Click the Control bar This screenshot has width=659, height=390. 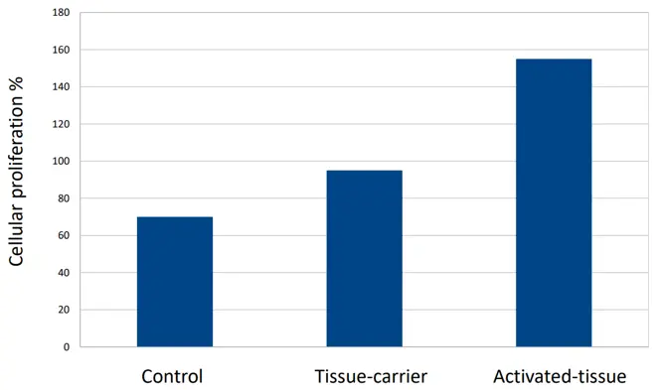click(175, 282)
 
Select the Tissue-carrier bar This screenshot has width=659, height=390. click(365, 259)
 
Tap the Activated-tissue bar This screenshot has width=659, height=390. click(554, 202)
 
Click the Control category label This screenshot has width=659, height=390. click(172, 376)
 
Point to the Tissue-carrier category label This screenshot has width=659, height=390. click(371, 376)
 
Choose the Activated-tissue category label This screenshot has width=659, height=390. click(560, 376)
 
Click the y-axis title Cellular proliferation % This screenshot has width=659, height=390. click(16, 172)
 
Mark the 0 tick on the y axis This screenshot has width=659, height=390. click(67, 347)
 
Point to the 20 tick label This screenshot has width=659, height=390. click(64, 310)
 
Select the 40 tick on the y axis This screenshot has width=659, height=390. click(64, 273)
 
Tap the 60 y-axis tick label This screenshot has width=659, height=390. click(64, 235)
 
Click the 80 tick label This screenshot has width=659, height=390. click(64, 198)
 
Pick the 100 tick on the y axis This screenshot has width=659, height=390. click(62, 161)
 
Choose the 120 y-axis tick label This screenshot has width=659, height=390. click(62, 124)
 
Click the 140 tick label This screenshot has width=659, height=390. click(62, 87)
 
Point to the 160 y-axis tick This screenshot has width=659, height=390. click(62, 50)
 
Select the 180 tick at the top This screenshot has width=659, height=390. click(62, 13)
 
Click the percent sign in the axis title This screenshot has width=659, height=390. click(16, 84)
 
